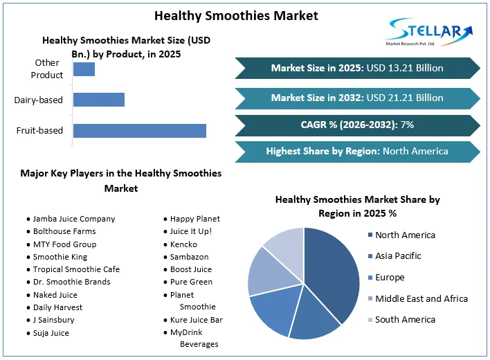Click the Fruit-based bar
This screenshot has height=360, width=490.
[139, 130]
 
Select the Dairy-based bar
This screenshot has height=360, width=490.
[99, 100]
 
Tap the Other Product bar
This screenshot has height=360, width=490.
[84, 69]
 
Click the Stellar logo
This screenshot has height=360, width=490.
[429, 32]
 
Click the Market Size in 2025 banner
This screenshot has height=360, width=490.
[357, 68]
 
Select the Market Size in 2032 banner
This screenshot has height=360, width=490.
[357, 98]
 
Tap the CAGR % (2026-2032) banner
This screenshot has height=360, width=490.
[357, 125]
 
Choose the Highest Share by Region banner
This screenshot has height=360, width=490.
[357, 151]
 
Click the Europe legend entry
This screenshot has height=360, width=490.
[389, 278]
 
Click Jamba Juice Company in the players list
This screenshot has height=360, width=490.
[73, 219]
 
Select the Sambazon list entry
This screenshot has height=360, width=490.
[190, 257]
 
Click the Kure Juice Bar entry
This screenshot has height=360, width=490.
[196, 320]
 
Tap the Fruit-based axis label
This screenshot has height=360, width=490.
[39, 130]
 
